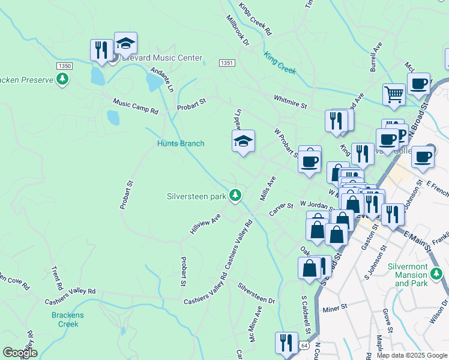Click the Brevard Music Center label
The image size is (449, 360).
coord(161,59)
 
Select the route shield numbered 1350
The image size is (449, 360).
coord(65,65)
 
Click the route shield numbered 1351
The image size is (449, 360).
coord(226,62)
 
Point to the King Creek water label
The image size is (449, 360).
coord(279,62)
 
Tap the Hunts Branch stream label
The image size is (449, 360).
coord(181,144)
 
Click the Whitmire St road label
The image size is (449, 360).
coord(290,101)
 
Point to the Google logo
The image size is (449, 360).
coord(20,353)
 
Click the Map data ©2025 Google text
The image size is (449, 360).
coord(412,355)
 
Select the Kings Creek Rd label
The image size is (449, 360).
coord(255,19)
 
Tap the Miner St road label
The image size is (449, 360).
coord(336,308)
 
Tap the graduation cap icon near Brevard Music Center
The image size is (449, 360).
coord(126,43)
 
